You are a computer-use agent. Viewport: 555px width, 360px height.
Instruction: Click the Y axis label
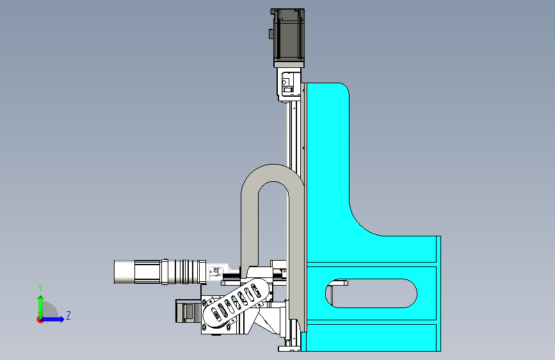click(40, 288)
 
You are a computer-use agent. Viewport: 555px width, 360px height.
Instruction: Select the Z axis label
click(68, 315)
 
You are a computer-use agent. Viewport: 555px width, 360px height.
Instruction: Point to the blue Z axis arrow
click(53, 319)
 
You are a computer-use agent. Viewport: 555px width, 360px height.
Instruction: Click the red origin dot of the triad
click(40, 320)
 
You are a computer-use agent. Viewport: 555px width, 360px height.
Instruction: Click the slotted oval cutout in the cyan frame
click(371, 293)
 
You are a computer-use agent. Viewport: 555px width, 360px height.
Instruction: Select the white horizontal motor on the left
click(160, 272)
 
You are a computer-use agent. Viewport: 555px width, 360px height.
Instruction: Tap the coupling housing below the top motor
click(289, 85)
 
